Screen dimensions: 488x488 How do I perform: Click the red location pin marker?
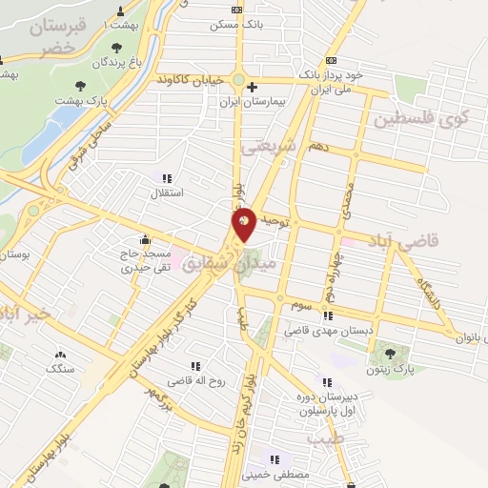[244, 224]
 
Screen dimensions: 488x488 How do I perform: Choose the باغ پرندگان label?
[115, 62]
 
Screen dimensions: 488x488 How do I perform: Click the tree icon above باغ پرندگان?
[116, 47]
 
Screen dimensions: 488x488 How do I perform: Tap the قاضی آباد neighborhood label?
[434, 241]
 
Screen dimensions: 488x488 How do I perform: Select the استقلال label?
[168, 193]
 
